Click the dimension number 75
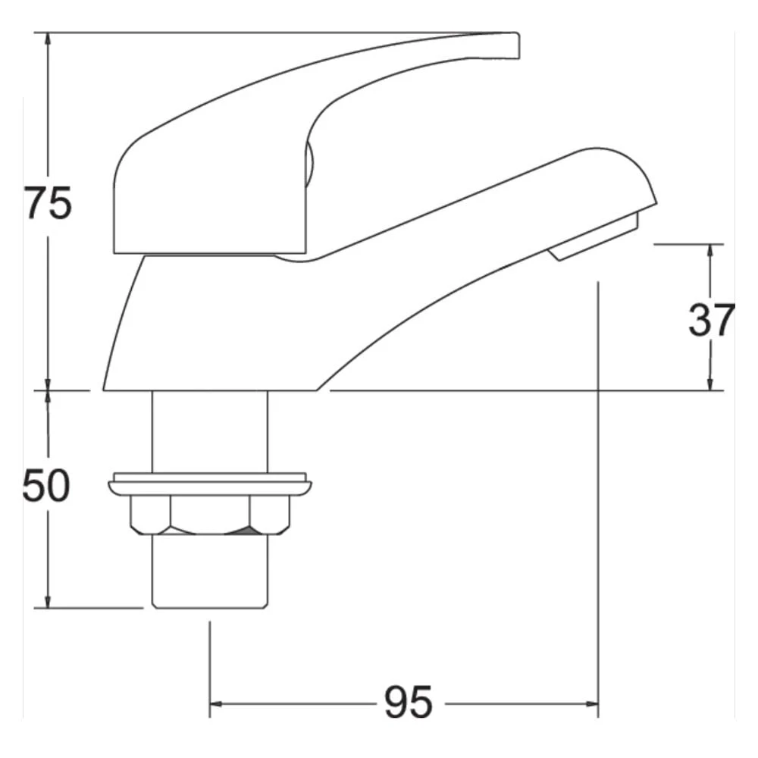click(x=49, y=202)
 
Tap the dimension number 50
click(x=46, y=485)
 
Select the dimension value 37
click(x=712, y=320)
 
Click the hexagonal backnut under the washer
click(x=211, y=515)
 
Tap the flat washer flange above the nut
click(x=210, y=484)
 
